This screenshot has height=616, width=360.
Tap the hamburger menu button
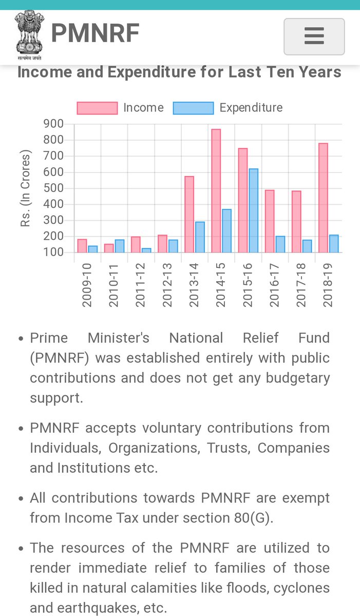[314, 36]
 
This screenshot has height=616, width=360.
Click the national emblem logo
[29, 35]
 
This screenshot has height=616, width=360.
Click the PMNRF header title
[95, 33]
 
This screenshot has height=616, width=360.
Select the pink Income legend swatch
[97, 108]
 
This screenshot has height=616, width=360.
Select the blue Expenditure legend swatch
[193, 108]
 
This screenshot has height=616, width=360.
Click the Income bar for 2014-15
[216, 190]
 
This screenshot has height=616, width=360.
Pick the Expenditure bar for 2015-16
[253, 210]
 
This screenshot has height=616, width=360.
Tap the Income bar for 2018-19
[323, 198]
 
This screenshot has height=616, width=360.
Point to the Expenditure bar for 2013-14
[200, 237]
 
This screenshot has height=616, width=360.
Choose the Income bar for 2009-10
[82, 245]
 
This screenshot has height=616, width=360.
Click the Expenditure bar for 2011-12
[146, 251]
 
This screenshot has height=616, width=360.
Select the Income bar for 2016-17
[270, 221]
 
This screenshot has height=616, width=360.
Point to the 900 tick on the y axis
[53, 124]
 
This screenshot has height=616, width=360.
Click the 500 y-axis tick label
[53, 188]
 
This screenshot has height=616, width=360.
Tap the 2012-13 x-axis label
[167, 285]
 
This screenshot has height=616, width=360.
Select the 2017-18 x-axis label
[301, 285]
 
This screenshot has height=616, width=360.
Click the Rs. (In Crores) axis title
[25, 188]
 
